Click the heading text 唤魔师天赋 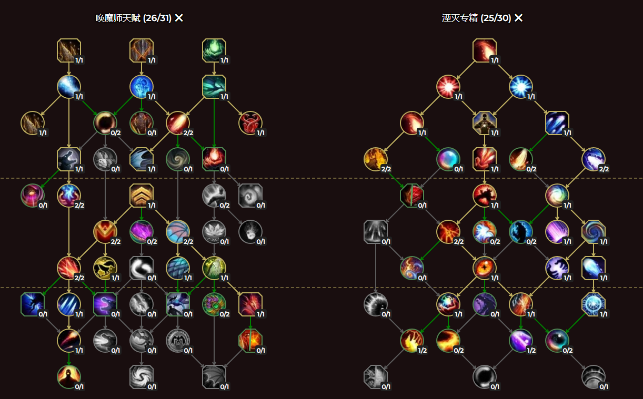coord(118,18)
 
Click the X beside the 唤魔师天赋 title coord(179,18)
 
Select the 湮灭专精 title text coord(460,18)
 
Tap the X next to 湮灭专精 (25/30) coord(519,18)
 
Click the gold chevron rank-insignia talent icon coord(142,196)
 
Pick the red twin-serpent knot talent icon coord(250,123)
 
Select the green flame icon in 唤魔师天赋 coord(214,50)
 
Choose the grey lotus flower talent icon coord(214,231)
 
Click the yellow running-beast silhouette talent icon coord(105,268)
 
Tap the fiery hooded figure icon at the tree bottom coord(69,376)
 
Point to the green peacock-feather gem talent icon coord(214,304)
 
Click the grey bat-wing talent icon coord(214,376)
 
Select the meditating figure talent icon coord(485,123)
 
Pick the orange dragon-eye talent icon coord(485,268)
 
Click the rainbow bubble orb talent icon coord(448,159)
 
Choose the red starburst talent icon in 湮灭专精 coord(448,87)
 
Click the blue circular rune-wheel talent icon coord(594,304)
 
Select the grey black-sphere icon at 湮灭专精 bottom coord(485,376)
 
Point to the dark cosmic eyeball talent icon coord(557,340)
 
